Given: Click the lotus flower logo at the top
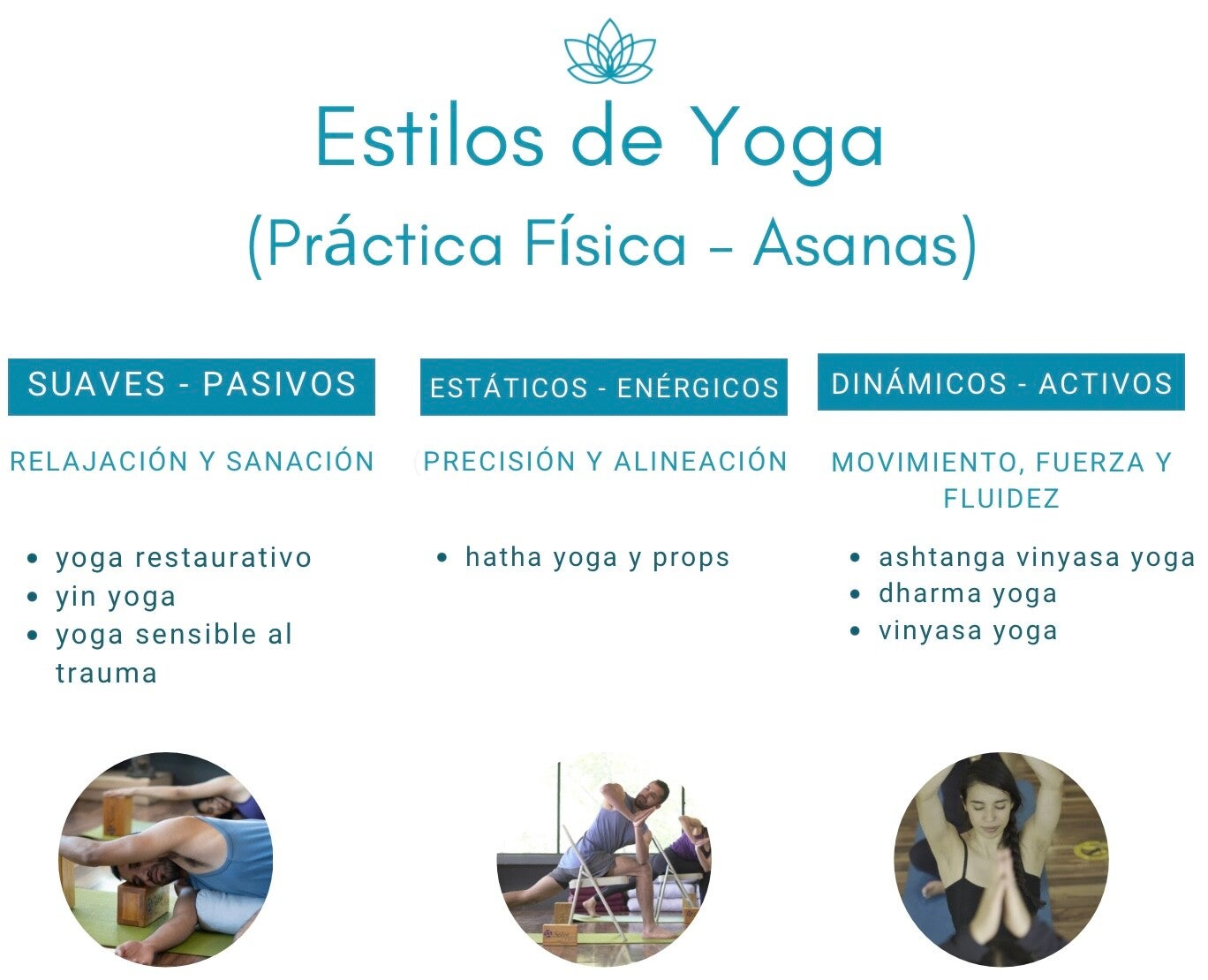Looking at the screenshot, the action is pyautogui.click(x=609, y=51).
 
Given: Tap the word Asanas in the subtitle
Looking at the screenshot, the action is pyautogui.click(x=856, y=244).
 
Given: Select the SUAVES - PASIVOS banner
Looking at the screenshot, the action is pyautogui.click(x=191, y=386).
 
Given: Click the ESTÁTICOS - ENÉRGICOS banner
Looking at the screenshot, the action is pyautogui.click(x=603, y=387).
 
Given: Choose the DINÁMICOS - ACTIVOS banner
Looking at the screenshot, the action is pyautogui.click(x=1001, y=381).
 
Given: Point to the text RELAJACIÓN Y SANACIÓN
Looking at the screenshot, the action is pyautogui.click(x=193, y=461).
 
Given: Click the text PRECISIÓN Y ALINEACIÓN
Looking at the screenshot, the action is pyautogui.click(x=605, y=461).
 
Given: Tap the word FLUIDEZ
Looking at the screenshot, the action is pyautogui.click(x=1001, y=499).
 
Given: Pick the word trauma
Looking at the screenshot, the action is pyautogui.click(x=106, y=673).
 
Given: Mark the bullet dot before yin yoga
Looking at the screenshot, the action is pyautogui.click(x=33, y=597).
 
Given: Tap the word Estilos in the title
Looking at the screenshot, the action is pyautogui.click(x=429, y=136).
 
